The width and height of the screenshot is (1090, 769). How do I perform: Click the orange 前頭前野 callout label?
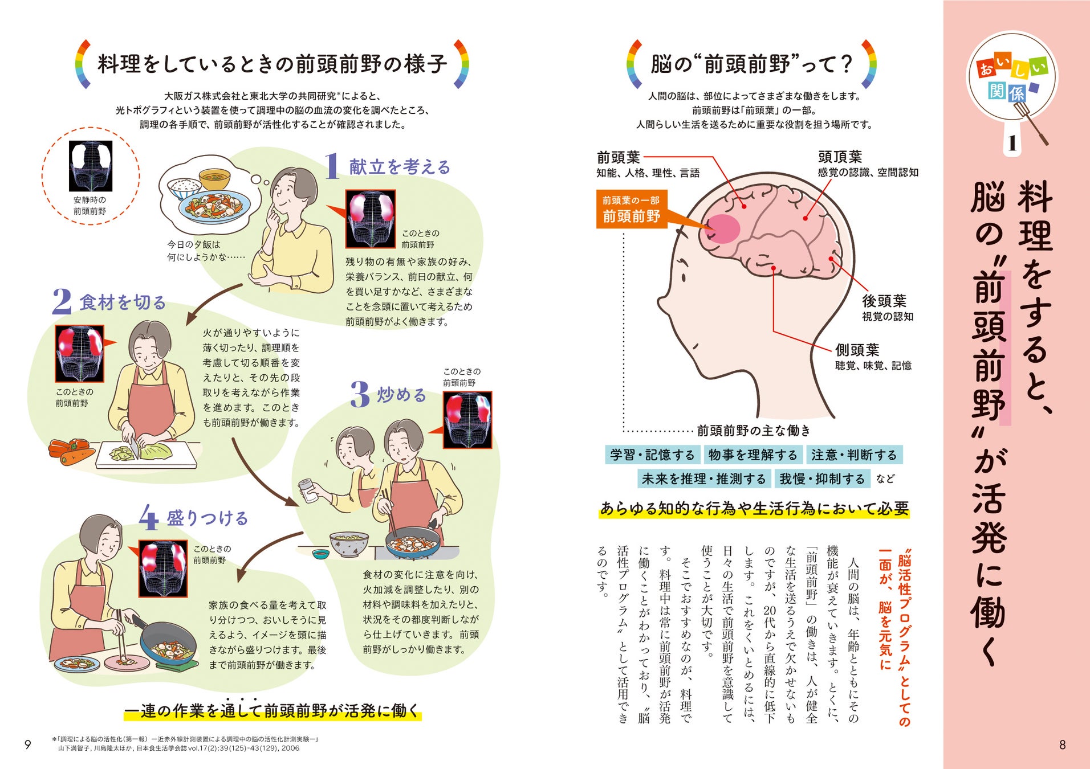click(x=632, y=209)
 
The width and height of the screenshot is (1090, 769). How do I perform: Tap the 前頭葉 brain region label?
click(x=619, y=157)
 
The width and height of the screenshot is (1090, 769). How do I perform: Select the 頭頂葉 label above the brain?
click(x=840, y=157)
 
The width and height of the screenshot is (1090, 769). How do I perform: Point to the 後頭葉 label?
click(x=884, y=301)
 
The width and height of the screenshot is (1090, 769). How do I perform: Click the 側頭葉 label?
click(x=857, y=350)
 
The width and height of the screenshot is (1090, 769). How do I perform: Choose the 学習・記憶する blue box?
click(x=652, y=455)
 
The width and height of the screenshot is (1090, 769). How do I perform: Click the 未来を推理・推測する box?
click(x=703, y=479)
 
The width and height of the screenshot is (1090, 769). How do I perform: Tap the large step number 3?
click(x=360, y=394)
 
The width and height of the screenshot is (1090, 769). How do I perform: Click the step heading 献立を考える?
click(x=400, y=167)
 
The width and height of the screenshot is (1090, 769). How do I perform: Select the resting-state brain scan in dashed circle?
click(x=91, y=166)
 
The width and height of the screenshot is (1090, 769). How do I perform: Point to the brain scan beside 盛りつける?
click(x=163, y=568)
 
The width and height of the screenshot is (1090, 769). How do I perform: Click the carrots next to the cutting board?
click(x=70, y=451)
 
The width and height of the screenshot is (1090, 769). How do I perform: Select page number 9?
click(x=27, y=745)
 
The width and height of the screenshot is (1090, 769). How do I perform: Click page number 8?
click(x=1062, y=745)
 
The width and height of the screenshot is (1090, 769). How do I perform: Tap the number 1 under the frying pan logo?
click(x=1012, y=143)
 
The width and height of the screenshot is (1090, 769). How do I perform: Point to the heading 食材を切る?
click(x=123, y=302)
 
